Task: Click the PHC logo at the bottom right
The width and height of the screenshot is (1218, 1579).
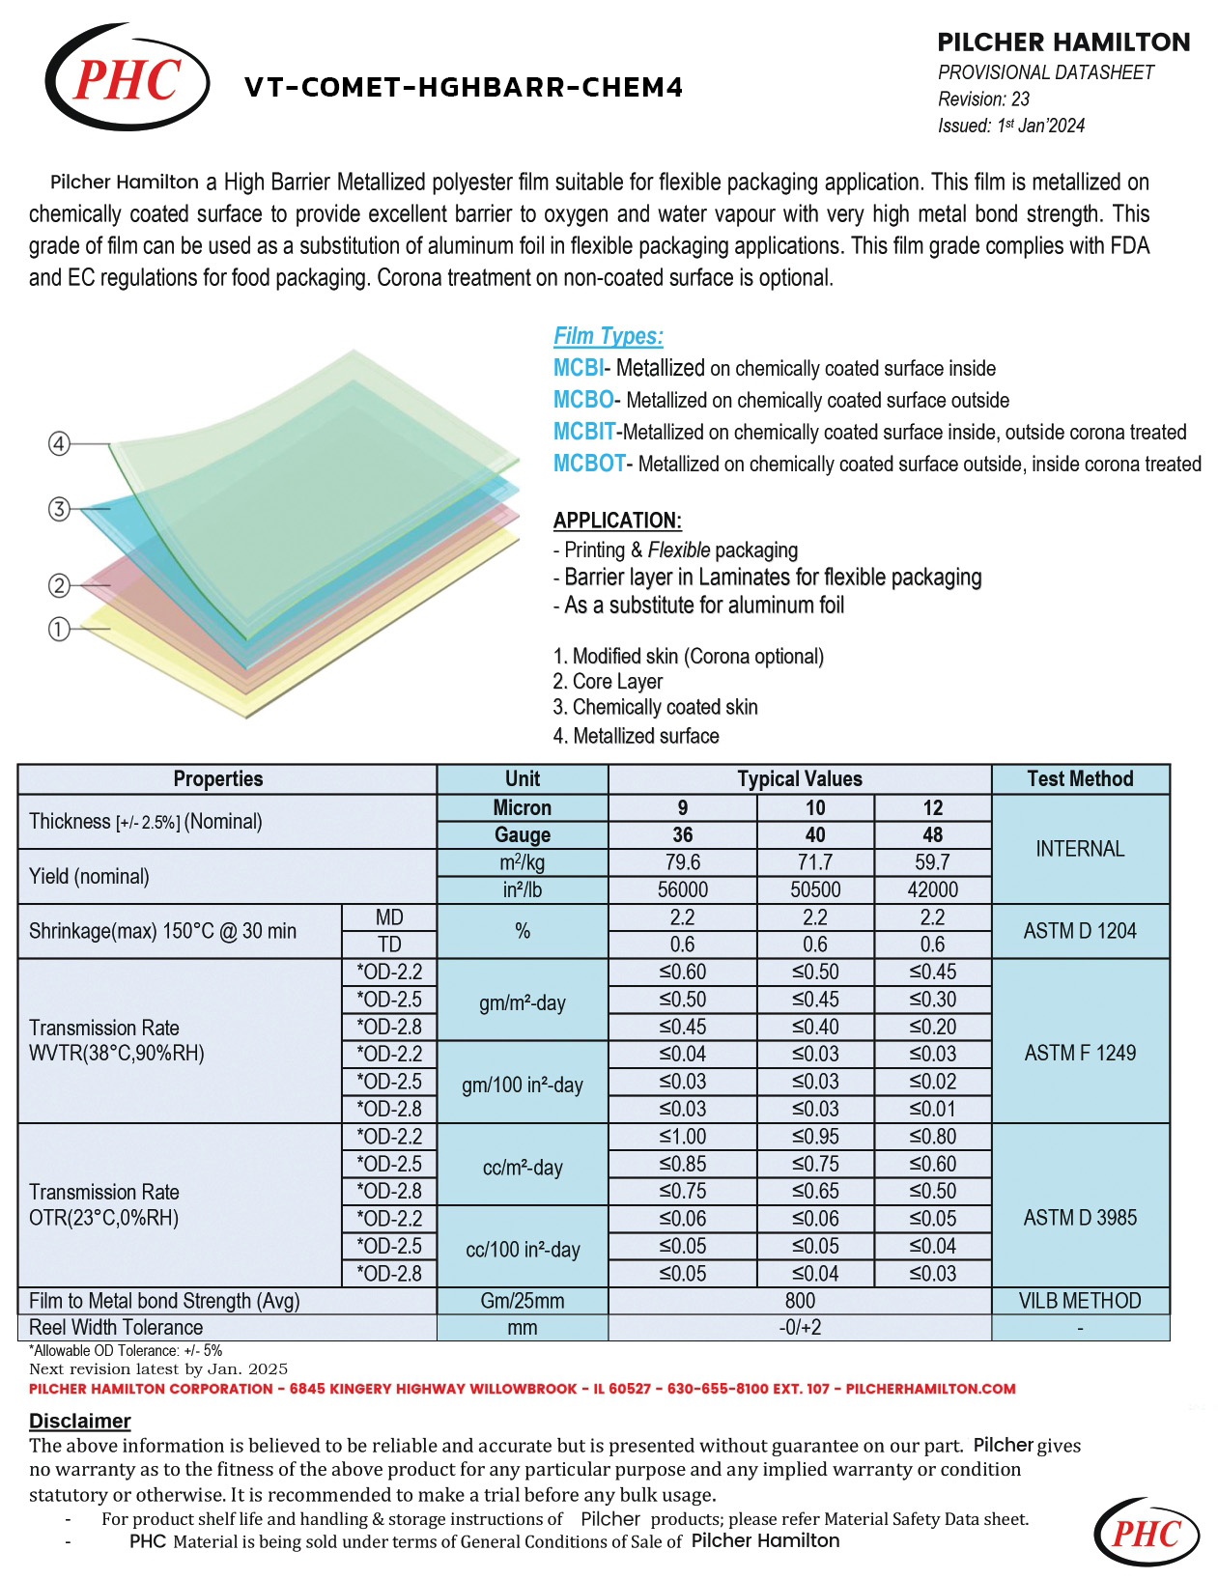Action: click(x=1147, y=1534)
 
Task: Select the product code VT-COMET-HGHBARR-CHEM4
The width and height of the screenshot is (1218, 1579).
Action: click(x=464, y=88)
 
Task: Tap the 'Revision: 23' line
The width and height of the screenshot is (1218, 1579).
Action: click(x=983, y=99)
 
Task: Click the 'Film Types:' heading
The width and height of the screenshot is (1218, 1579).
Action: click(x=608, y=336)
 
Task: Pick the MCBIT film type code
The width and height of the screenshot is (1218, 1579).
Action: click(x=583, y=432)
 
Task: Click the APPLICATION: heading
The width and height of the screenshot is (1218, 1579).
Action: click(x=617, y=521)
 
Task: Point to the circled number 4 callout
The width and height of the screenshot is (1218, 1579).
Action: click(x=60, y=444)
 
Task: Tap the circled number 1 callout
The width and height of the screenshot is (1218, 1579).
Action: click(x=60, y=630)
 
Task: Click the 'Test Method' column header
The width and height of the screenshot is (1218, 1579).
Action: click(x=1080, y=778)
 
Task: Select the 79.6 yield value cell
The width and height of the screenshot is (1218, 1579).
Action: click(x=682, y=861)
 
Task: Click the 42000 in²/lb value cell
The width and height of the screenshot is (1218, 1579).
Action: click(x=932, y=889)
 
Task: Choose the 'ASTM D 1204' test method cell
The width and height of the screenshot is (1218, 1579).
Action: click(x=1080, y=931)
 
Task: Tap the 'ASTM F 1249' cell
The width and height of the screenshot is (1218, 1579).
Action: click(x=1080, y=1053)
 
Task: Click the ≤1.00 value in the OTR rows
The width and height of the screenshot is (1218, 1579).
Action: click(x=682, y=1137)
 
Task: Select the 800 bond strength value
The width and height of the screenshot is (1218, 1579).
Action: click(x=800, y=1301)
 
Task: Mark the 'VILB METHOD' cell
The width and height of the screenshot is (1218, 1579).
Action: click(x=1080, y=1301)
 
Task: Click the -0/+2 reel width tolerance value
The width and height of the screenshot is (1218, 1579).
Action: click(x=800, y=1328)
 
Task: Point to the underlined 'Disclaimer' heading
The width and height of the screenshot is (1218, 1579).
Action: click(x=79, y=1421)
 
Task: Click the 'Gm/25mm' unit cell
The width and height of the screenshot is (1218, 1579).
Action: click(x=522, y=1301)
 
